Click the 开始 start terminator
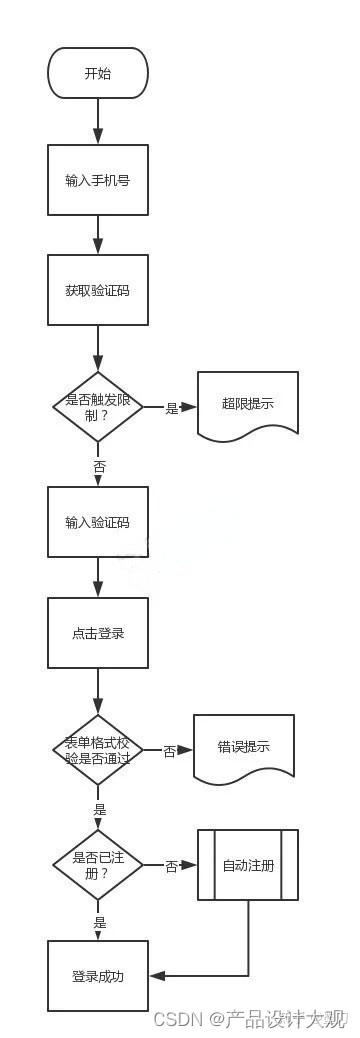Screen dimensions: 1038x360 [97, 73]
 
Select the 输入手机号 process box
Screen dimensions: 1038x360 [97, 180]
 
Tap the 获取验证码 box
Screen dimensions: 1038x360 [97, 290]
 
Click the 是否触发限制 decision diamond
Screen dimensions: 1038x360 [97, 407]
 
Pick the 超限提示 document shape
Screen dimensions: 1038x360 [247, 405]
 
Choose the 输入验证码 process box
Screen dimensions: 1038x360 [97, 522]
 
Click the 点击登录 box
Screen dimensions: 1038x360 [97, 633]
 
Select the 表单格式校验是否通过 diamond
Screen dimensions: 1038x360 [97, 750]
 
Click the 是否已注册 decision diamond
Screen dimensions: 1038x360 [97, 865]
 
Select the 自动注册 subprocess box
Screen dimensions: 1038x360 [247, 865]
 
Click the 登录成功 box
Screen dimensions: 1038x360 [97, 976]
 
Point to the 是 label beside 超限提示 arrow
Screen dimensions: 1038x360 [171, 408]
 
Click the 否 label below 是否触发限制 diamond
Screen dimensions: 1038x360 [99, 467]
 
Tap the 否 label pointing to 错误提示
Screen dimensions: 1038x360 [169, 751]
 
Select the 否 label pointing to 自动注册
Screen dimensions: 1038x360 [171, 866]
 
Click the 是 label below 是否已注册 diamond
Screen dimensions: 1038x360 [99, 922]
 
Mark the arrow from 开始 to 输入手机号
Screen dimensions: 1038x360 [97, 121]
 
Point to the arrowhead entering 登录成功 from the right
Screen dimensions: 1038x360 [155, 976]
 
